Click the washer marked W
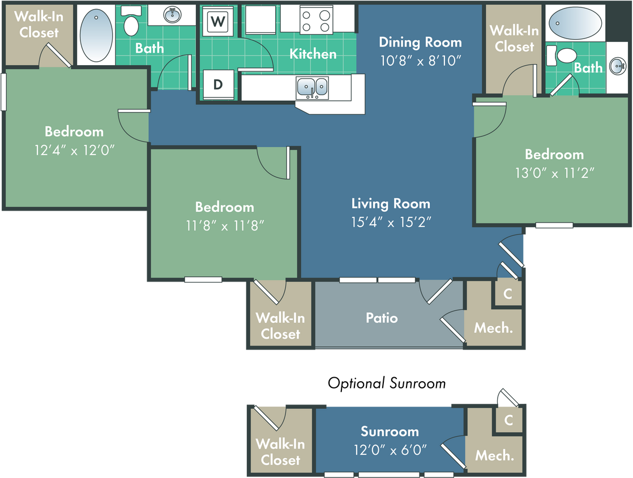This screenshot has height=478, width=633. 217,22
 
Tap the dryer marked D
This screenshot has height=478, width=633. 217,85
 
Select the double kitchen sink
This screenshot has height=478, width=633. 312,87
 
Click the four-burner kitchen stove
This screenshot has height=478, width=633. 316,20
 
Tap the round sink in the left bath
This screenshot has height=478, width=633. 172,14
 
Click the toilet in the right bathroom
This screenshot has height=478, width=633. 565,56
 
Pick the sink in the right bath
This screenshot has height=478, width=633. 618,66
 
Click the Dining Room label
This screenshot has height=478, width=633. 420,42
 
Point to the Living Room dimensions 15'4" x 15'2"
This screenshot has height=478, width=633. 391,222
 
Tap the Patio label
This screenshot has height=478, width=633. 382,318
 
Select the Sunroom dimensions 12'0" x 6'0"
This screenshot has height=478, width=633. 390,450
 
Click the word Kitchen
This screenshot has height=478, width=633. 313,54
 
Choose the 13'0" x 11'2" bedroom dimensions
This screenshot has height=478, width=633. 554,172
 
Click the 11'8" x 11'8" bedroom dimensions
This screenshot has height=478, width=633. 224,225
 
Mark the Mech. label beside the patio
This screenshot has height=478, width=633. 493,327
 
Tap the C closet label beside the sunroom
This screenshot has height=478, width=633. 508,420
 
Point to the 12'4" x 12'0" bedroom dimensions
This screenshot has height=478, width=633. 74,150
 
